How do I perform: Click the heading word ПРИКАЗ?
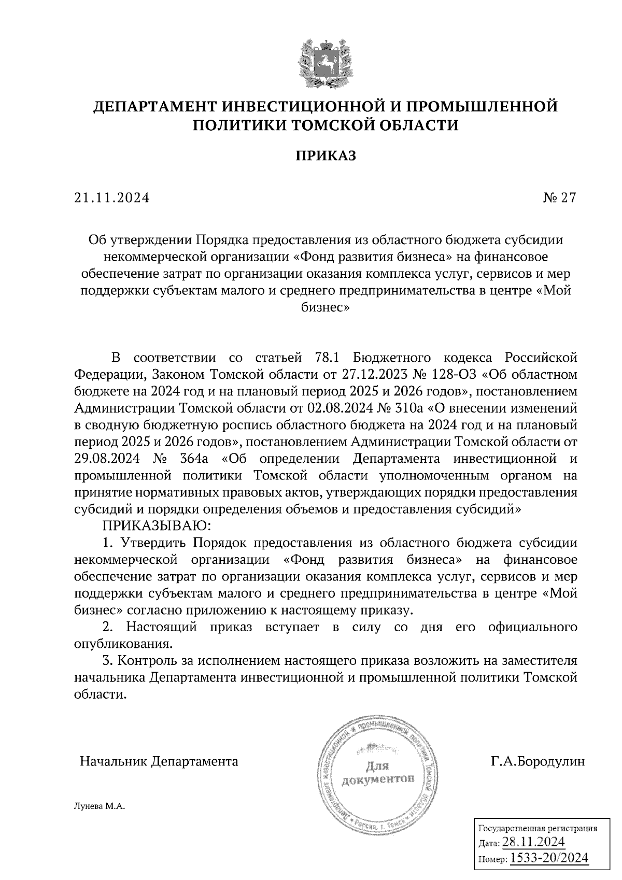[x=326, y=155]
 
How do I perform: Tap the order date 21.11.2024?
[x=111, y=197]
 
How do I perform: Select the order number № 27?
[x=560, y=197]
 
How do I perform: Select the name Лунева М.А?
[x=101, y=806]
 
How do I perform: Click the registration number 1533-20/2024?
[x=549, y=858]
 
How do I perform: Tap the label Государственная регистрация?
[x=537, y=828]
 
